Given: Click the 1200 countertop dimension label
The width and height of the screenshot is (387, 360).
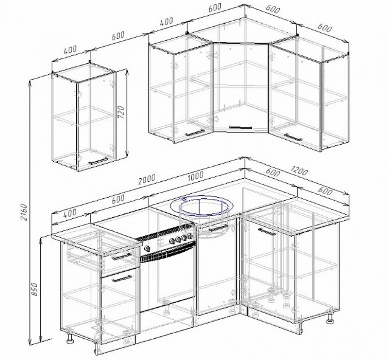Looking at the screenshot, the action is tap(299, 171).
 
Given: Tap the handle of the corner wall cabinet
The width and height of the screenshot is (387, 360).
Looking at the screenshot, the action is tap(240, 127).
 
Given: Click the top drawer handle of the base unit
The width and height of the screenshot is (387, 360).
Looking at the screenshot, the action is tap(122, 257).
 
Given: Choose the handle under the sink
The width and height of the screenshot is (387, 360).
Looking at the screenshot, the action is tap(218, 228).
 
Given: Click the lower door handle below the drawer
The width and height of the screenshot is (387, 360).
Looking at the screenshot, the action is tap(122, 278).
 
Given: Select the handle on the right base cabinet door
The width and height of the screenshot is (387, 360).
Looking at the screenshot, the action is tap(267, 232).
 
